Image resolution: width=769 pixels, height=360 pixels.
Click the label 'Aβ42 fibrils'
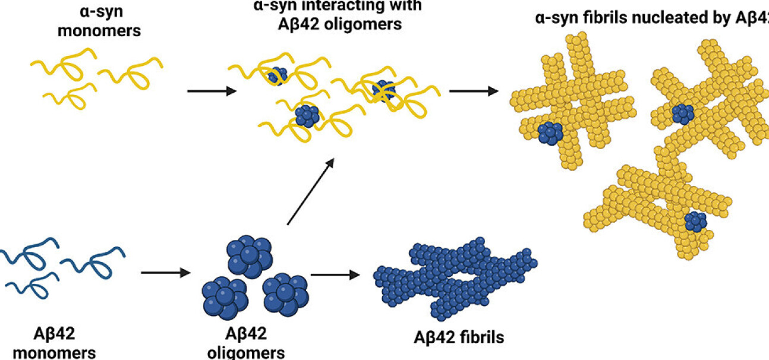pyautogui.click(x=458, y=337)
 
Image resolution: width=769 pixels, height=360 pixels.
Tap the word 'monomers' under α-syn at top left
pyautogui.click(x=100, y=30)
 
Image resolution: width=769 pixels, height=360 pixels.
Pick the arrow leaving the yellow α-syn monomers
pyautogui.click(x=212, y=91)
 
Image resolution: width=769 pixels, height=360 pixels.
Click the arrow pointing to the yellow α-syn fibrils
pyautogui.click(x=473, y=91)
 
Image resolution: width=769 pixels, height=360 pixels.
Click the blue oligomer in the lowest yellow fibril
pyautogui.click(x=695, y=222)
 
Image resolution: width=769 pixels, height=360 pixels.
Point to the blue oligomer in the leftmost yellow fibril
pyautogui.click(x=551, y=133)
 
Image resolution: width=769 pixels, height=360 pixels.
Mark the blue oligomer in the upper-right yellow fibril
pyautogui.click(x=682, y=113)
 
